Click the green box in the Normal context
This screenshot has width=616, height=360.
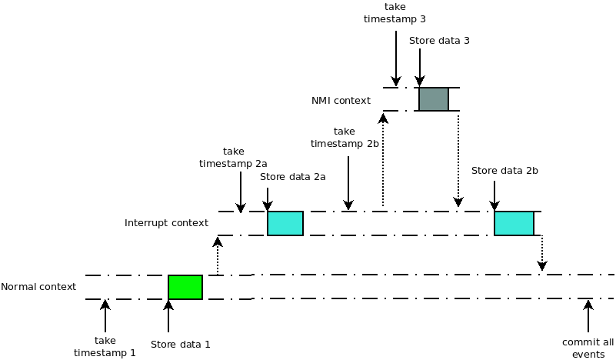[x=185, y=287]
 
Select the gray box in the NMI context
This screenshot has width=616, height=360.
[x=434, y=99]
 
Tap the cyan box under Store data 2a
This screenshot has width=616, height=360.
[x=285, y=223]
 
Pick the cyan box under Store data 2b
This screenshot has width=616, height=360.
[x=514, y=223]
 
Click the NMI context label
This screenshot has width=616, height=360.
[x=341, y=100]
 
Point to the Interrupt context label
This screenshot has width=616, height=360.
[x=166, y=223]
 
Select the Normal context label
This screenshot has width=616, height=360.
[x=38, y=287]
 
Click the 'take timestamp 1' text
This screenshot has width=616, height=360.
[x=105, y=346]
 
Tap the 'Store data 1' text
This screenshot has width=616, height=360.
[x=180, y=345]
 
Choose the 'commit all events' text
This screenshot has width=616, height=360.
[x=588, y=348]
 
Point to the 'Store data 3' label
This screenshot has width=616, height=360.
[x=439, y=41]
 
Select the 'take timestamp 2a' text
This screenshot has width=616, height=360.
[x=233, y=158]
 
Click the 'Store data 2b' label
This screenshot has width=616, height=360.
[x=504, y=170]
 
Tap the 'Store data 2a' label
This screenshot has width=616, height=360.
[x=293, y=177]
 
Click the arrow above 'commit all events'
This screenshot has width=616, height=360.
[x=588, y=315]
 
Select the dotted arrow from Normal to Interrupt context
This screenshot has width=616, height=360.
[x=218, y=256]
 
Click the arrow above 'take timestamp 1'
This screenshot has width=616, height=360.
[x=105, y=315]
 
